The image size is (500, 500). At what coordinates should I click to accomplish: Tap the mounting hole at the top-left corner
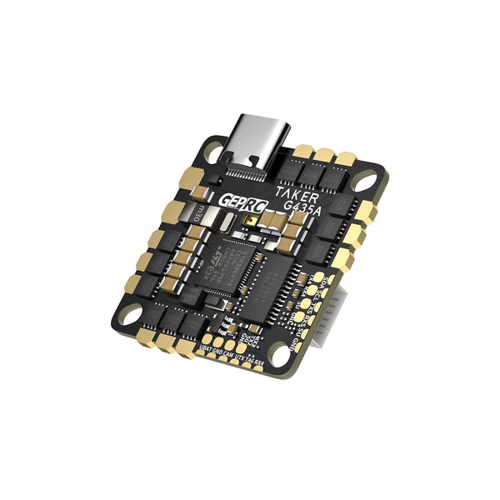[x=214, y=153]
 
